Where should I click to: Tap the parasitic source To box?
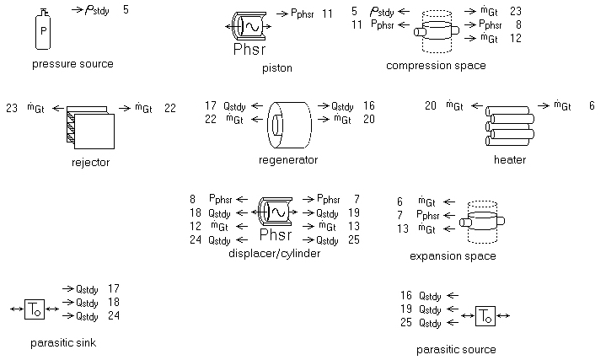point(485,316)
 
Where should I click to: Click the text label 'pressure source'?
point(72,64)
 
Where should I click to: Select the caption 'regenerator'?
point(288,159)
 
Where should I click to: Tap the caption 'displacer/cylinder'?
point(274,254)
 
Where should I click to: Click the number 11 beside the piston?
point(328,14)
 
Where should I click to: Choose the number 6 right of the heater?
point(592,105)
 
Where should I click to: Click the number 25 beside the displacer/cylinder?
point(353,240)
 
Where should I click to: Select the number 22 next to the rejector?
point(169,108)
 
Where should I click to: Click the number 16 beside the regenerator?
point(368,106)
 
